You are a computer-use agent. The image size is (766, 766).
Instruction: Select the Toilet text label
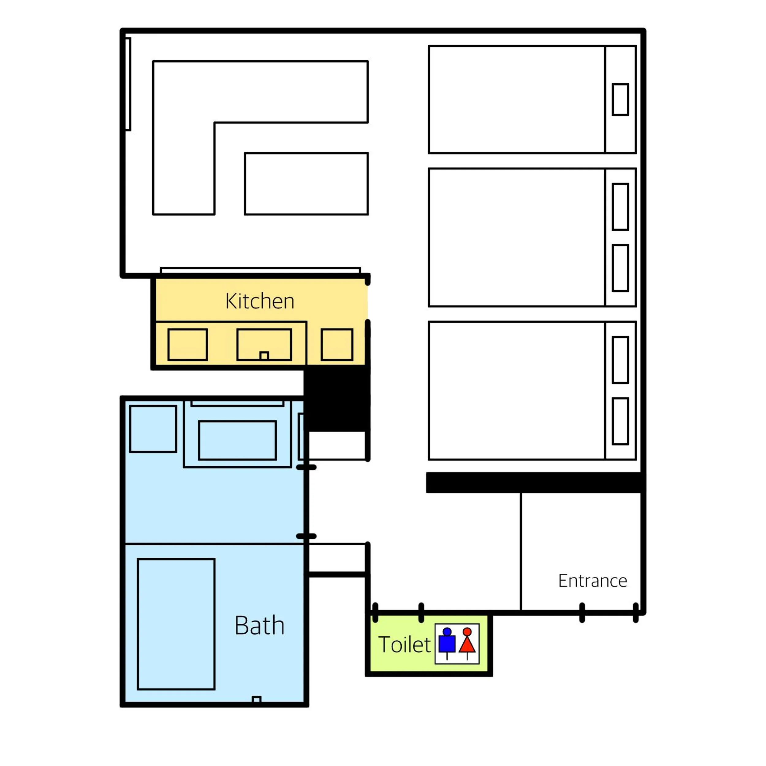(x=404, y=645)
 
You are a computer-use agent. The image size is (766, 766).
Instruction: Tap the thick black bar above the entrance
(x=535, y=483)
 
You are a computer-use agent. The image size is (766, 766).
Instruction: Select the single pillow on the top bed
(x=620, y=100)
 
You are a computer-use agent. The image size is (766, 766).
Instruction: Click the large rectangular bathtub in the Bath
(x=176, y=624)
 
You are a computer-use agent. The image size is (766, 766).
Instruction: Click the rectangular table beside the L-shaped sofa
(x=306, y=184)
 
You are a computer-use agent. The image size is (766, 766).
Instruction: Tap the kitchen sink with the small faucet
(x=264, y=344)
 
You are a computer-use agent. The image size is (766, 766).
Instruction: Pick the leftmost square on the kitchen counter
(x=188, y=344)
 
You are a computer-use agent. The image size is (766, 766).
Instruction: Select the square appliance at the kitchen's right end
(x=337, y=344)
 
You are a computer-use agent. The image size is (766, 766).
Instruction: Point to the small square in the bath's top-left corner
(x=153, y=429)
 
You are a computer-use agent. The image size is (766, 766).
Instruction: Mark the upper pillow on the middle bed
(x=620, y=207)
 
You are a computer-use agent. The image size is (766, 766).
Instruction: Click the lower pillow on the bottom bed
(x=620, y=421)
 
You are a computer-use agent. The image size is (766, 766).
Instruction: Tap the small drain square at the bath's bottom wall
(x=256, y=700)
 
